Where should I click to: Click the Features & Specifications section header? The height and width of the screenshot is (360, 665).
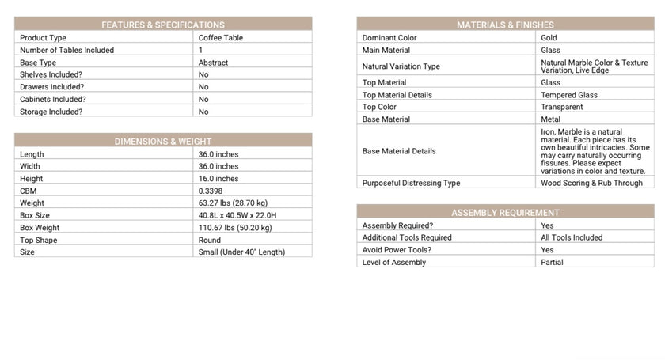click(163, 25)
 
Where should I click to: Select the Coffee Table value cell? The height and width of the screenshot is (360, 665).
click(221, 37)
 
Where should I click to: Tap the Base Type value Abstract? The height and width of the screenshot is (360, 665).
click(213, 63)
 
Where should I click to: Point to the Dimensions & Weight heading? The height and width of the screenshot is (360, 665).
click(163, 142)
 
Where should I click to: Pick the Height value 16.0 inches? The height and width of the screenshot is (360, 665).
click(218, 179)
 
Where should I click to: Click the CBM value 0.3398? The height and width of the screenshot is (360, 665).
click(211, 191)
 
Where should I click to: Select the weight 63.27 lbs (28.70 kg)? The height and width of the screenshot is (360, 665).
click(235, 203)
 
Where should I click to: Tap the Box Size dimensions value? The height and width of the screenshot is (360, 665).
click(237, 215)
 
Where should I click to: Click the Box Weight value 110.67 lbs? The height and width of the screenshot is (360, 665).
click(235, 228)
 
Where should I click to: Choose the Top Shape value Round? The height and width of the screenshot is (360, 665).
click(210, 240)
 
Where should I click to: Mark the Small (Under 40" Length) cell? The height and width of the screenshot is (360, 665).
click(241, 252)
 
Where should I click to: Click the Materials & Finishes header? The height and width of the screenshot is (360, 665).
click(505, 25)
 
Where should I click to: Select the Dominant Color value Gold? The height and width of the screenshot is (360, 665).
click(549, 37)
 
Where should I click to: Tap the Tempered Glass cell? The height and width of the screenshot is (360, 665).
click(569, 95)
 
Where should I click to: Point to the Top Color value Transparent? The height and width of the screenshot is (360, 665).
click(562, 107)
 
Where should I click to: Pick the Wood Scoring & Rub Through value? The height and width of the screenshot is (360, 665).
click(592, 183)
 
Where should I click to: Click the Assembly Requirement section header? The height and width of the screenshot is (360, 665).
click(505, 213)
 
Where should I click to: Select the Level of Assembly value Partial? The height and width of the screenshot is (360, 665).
click(552, 262)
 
